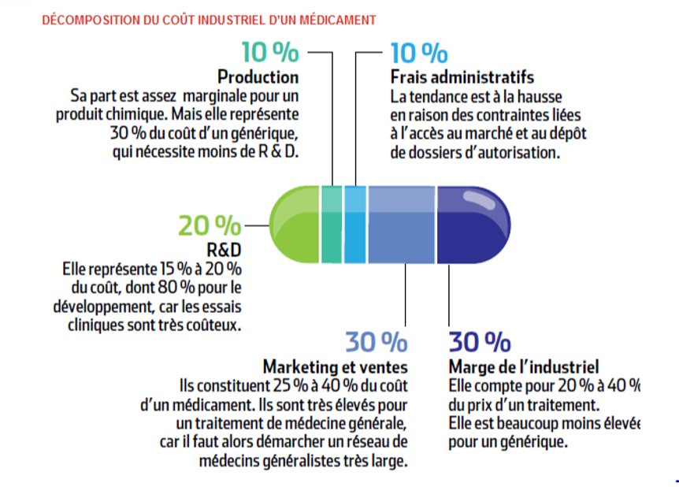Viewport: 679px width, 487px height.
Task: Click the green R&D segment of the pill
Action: pyautogui.click(x=295, y=225)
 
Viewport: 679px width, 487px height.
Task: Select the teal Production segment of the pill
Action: pyautogui.click(x=332, y=225)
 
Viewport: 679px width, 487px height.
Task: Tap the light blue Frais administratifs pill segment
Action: pyautogui.click(x=355, y=225)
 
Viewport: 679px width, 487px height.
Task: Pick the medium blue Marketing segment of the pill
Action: pyautogui.click(x=401, y=225)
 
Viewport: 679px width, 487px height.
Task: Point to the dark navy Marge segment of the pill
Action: pyautogui.click(x=471, y=225)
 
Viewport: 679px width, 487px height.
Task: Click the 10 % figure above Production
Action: pyautogui.click(x=270, y=53)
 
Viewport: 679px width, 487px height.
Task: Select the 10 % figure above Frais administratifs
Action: pyautogui.click(x=419, y=53)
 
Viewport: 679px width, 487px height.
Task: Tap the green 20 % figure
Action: pyautogui.click(x=210, y=226)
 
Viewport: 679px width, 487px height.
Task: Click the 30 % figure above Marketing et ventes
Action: pyautogui.click(x=376, y=342)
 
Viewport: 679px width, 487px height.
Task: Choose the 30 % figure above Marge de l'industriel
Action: pyautogui.click(x=480, y=342)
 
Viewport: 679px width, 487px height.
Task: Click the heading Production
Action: pyautogui.click(x=258, y=77)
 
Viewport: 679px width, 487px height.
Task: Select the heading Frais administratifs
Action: pyautogui.click(x=462, y=77)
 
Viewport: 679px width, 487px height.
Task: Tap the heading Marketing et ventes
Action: pyautogui.click(x=336, y=366)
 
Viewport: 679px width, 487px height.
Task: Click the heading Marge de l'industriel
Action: pyautogui.click(x=524, y=366)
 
